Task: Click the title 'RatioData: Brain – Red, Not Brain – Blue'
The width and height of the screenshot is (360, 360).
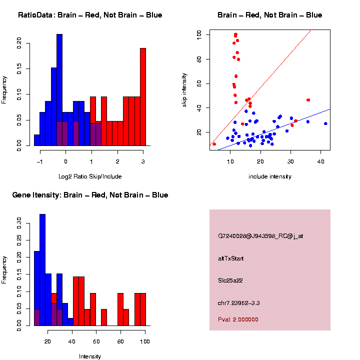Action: pos(90,15)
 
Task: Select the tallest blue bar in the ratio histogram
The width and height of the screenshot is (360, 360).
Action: pos(59,90)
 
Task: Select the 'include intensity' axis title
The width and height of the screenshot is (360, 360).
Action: pos(270,176)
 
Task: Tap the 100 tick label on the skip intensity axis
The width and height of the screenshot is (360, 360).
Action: pos(198,34)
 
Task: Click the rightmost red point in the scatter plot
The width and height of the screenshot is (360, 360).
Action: pos(308,100)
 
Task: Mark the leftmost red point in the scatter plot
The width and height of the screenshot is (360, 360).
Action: pos(214,144)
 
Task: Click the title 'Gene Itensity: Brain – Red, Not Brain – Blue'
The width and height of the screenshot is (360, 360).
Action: pos(90,195)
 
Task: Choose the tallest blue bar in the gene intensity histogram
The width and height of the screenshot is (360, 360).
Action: pos(42,270)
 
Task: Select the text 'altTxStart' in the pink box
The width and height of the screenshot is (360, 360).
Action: pos(231,258)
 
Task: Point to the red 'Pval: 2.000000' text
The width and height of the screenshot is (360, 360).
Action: pos(238,319)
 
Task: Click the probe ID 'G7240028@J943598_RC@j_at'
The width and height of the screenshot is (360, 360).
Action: pos(260,236)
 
